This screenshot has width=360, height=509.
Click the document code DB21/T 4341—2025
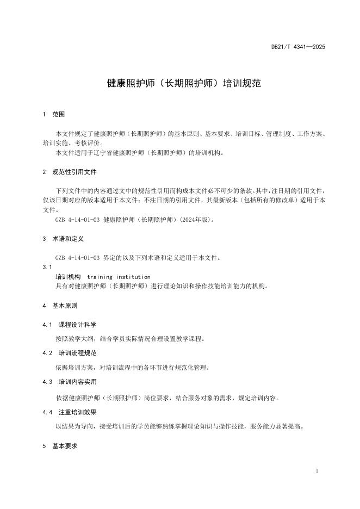tap(298, 47)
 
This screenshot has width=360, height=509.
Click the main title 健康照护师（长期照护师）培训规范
tap(184, 84)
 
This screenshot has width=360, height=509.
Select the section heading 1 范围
tap(54, 115)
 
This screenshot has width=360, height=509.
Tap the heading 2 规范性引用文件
tap(70, 172)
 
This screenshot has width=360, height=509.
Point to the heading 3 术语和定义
tap(63, 239)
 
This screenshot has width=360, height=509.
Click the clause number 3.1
tap(47, 267)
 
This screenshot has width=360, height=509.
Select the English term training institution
tap(119, 277)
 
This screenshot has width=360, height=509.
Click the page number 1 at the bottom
tap(317, 470)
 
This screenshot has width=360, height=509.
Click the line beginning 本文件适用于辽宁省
tap(140, 153)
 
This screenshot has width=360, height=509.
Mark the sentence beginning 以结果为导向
tap(179, 426)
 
